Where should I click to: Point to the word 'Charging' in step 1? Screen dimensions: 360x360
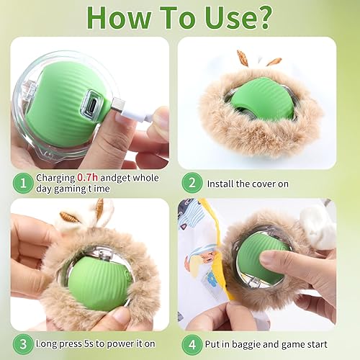point(57,178)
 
